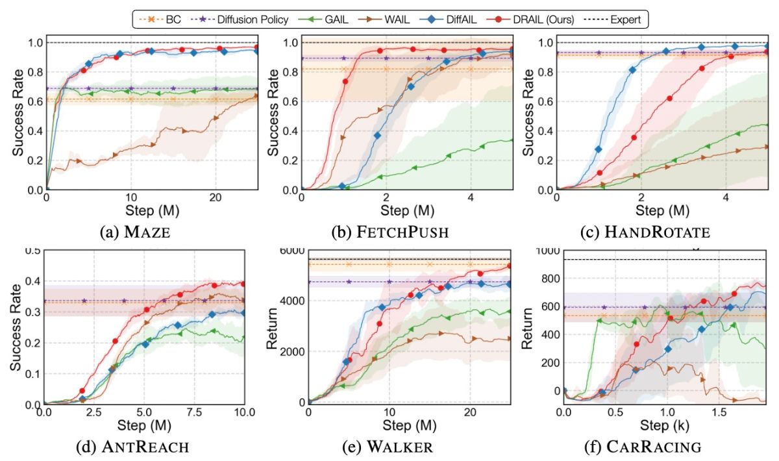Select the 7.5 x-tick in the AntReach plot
click(x=195, y=414)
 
